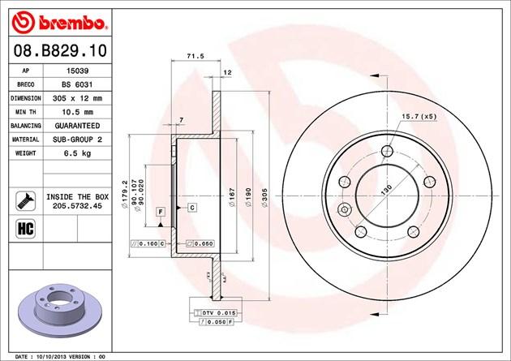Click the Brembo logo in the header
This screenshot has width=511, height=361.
[x=59, y=23]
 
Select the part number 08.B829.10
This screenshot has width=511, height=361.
[x=60, y=51]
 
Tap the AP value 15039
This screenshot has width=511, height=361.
[x=77, y=71]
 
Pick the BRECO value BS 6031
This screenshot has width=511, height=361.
[x=77, y=84]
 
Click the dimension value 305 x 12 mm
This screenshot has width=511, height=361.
[x=77, y=98]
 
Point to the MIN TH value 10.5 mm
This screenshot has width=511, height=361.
[x=77, y=112]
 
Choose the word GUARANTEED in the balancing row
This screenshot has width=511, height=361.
[x=77, y=126]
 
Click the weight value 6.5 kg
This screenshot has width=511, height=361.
[x=77, y=153]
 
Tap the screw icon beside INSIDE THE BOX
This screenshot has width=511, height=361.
[x=26, y=201]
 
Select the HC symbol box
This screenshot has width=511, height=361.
[x=25, y=229]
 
